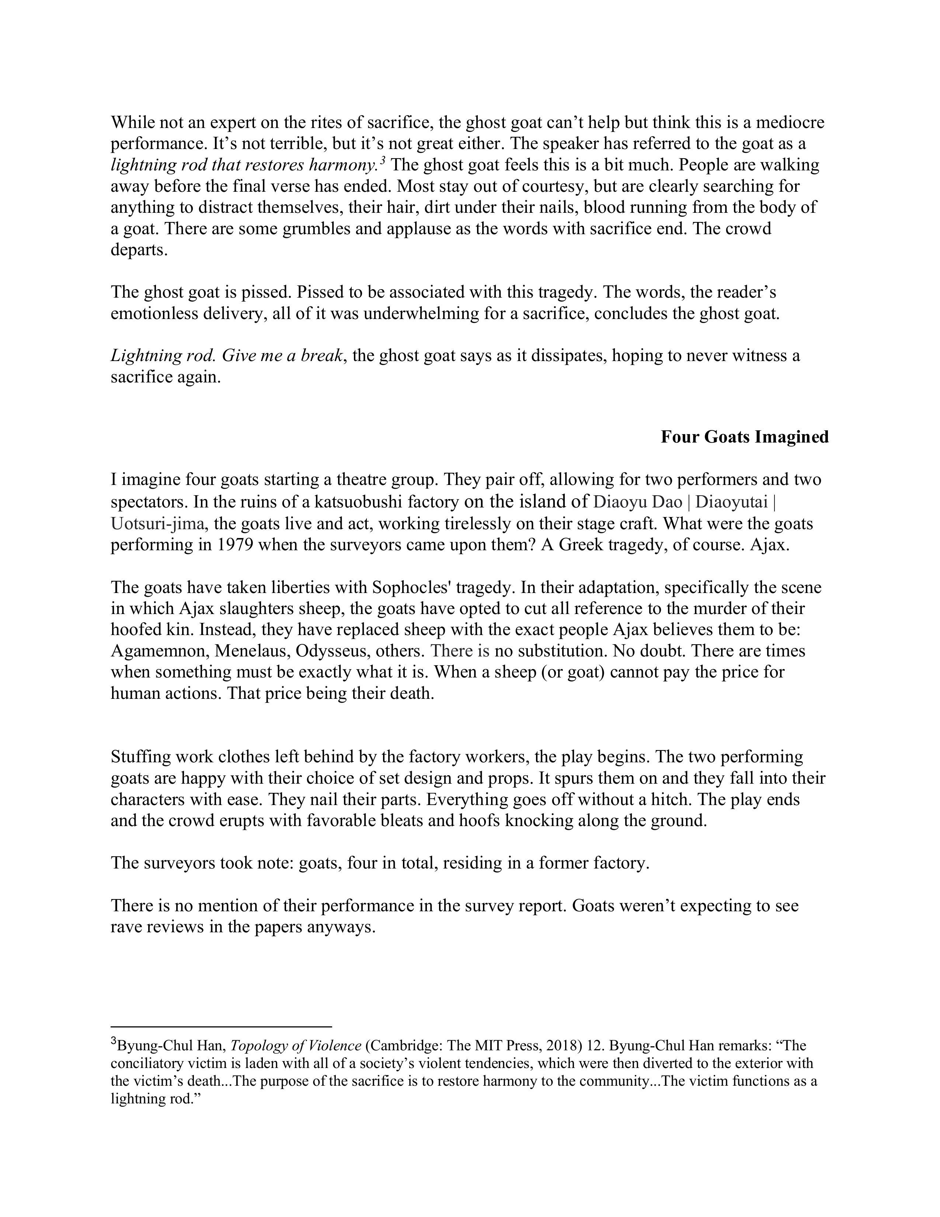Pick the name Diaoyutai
pyautogui.click(x=732, y=502)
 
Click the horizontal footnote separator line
pyautogui.click(x=221, y=1026)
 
